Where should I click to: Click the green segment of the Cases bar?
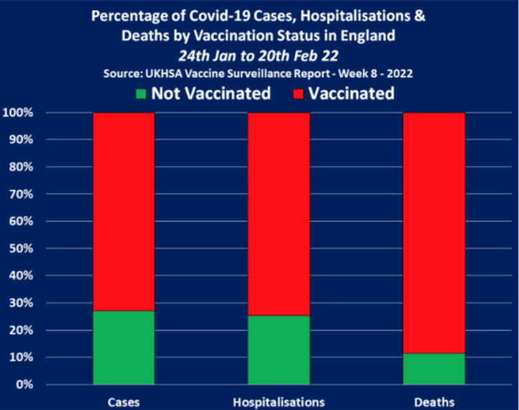pos(124,348)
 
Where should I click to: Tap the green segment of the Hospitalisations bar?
pos(279,350)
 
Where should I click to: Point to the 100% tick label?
pos(17,112)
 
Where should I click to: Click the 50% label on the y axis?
pos(20,249)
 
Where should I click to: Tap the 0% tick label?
pos(22,385)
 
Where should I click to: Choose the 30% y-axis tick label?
pos(20,303)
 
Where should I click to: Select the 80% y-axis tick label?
pos(20,167)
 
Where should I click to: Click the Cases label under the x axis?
pos(124,402)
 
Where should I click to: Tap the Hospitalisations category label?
pos(279,402)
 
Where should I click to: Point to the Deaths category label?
pos(434,402)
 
